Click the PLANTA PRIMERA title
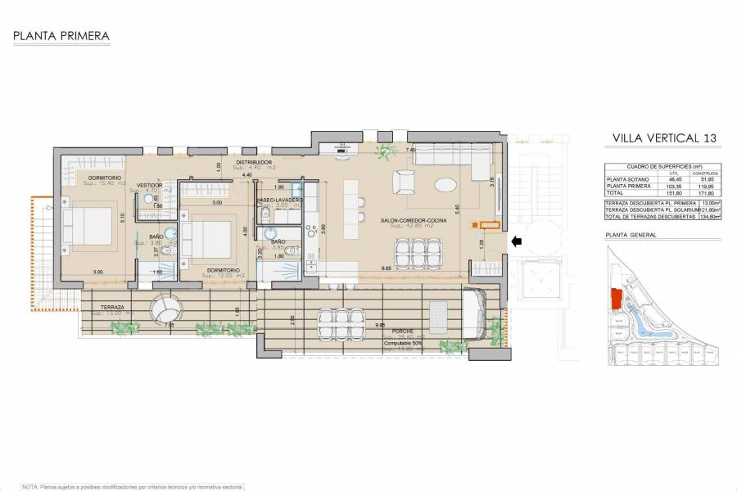click(x=61, y=36)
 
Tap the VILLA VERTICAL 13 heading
click(x=664, y=138)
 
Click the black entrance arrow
click(x=515, y=241)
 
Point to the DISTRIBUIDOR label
click(x=254, y=163)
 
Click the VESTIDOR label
click(x=149, y=186)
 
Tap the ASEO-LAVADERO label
click(x=280, y=200)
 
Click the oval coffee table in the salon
click(x=447, y=184)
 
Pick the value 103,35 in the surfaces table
click(x=674, y=186)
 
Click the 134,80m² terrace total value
click(x=709, y=216)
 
